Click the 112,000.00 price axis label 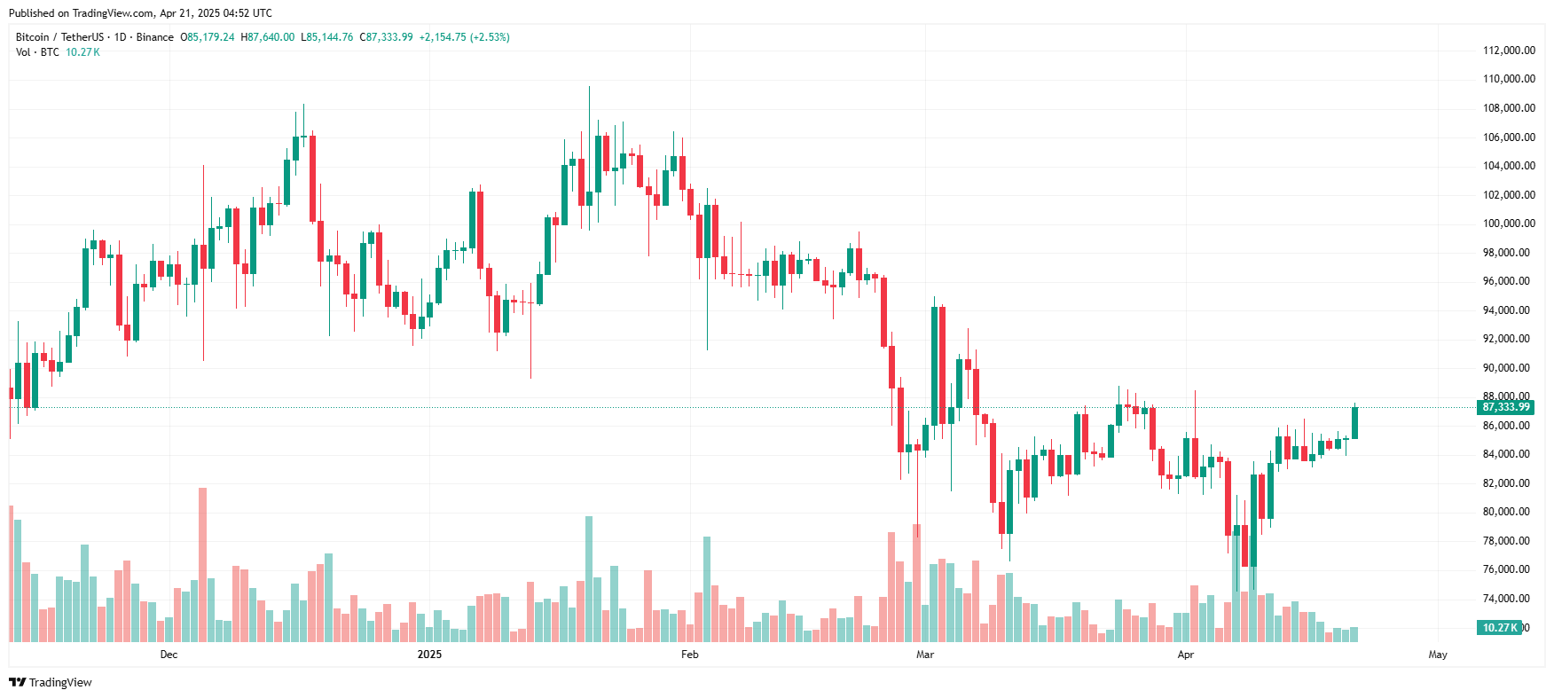tap(1509, 51)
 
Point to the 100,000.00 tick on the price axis tap(1509, 224)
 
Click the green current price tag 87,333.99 tap(1505, 407)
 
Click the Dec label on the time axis tap(169, 655)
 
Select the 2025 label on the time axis tap(429, 655)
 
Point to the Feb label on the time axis tap(689, 655)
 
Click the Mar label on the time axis tap(925, 655)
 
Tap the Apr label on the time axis tap(1185, 655)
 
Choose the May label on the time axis tap(1438, 655)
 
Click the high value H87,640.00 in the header tap(268, 37)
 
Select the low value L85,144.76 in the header tap(327, 37)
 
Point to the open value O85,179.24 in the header tap(208, 37)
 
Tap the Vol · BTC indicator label tap(37, 52)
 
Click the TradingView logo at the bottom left tap(51, 682)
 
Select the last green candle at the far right tap(1354, 423)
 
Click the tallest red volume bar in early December tap(203, 564)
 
